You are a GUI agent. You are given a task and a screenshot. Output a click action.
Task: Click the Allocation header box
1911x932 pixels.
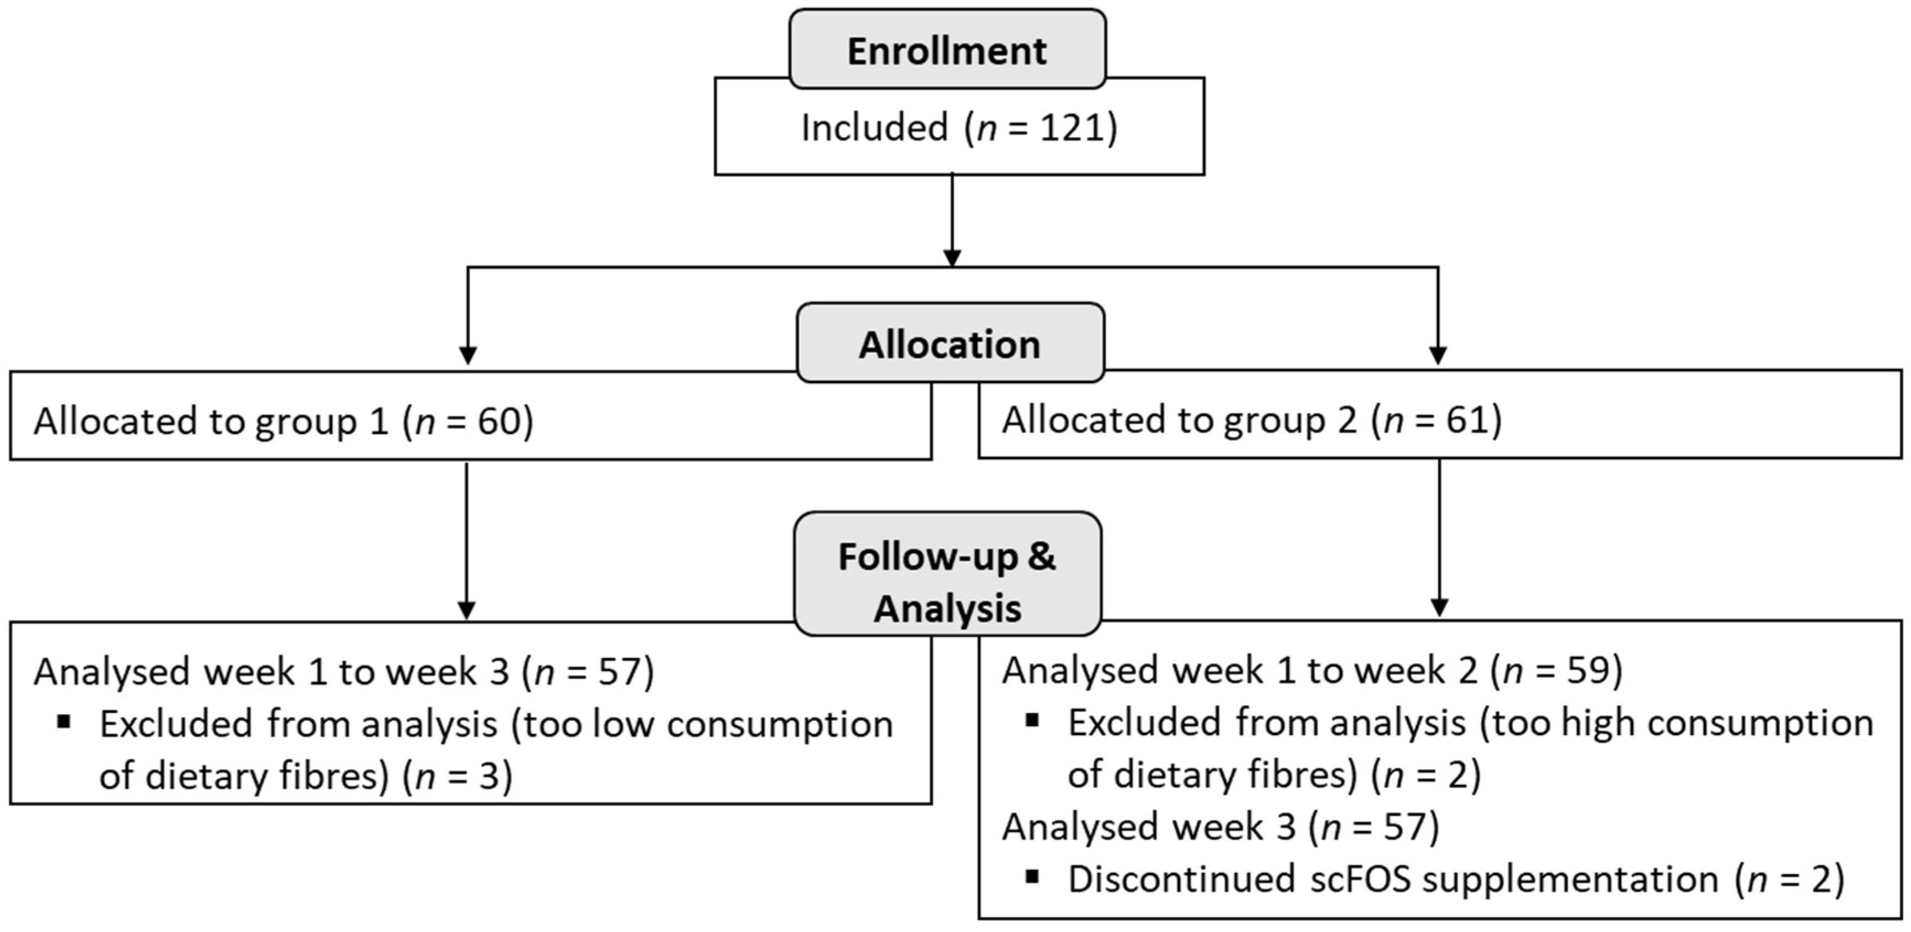pos(950,344)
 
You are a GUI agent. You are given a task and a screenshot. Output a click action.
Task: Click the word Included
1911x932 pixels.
pos(874,127)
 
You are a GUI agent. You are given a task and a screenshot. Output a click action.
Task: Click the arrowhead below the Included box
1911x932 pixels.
pos(952,258)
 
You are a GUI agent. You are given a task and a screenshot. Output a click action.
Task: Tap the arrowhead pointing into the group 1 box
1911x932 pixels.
pos(467,356)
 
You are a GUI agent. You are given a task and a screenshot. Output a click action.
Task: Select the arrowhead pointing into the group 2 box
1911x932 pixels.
pos(1438,356)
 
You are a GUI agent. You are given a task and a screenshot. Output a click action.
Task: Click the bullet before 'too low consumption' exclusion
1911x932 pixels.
pos(64,721)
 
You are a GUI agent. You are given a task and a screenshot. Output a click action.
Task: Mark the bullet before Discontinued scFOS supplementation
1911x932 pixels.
pos(1032,876)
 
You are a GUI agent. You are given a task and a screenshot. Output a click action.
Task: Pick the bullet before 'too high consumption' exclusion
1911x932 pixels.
pos(1032,720)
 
